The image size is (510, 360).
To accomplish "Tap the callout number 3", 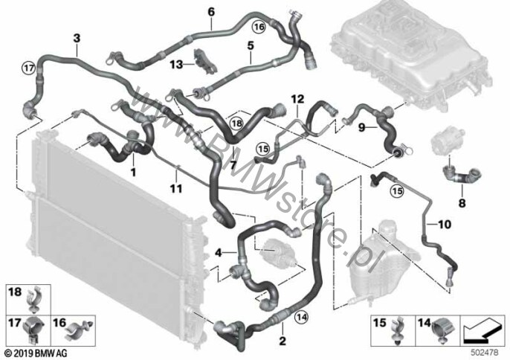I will coord(77,37).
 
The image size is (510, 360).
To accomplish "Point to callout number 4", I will coord(219,253).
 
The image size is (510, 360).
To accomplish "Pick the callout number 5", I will coord(251,45).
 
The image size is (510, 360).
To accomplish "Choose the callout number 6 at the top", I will coord(210,11).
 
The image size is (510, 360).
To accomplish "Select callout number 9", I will coord(362,127).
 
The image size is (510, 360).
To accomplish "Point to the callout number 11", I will coord(176,187).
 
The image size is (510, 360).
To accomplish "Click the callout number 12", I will coord(297,98).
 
